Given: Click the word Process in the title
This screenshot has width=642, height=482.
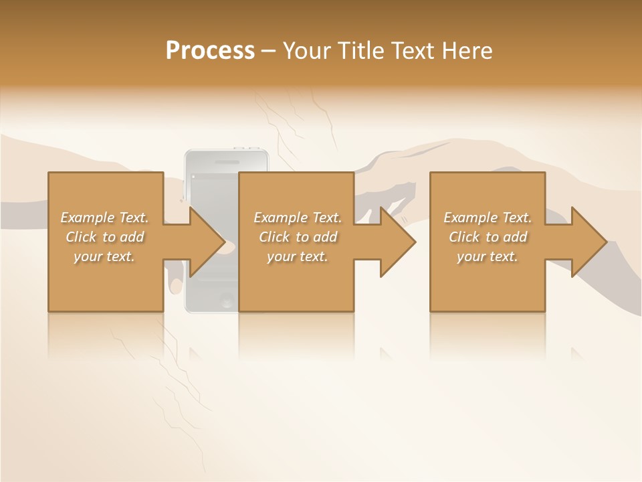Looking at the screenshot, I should point(210,51).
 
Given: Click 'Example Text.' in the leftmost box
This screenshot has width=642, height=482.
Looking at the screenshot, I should point(104,218).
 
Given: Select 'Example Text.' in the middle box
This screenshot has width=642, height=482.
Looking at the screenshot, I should point(298,218).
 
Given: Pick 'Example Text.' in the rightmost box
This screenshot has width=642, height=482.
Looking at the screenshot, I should point(488,218).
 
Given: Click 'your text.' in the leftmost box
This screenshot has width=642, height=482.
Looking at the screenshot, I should point(104,256).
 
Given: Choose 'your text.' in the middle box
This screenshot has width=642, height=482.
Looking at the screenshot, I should point(298,256).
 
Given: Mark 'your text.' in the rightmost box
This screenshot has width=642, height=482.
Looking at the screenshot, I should point(488,256).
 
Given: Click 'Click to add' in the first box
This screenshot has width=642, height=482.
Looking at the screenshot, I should point(104,237).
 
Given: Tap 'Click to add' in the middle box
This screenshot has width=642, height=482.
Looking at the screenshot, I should point(298,237).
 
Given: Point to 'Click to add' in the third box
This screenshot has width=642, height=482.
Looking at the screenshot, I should point(488,237).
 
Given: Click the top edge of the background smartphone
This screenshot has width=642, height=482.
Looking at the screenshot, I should point(227,151).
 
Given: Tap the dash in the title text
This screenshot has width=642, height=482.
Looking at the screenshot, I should point(268,52).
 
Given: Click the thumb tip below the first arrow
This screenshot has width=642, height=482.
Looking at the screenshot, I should point(175,288).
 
